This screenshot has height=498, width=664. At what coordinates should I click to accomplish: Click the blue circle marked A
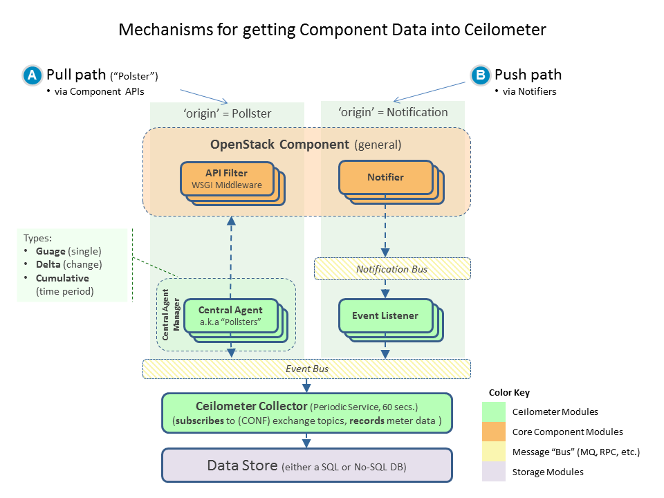pos(32,75)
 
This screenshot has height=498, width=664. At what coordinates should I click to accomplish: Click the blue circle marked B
pos(479,75)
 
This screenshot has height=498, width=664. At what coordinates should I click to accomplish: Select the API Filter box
pos(226,178)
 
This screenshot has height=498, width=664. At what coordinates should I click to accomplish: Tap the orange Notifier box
pos(385,177)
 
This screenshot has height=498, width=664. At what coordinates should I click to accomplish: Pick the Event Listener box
pos(385,315)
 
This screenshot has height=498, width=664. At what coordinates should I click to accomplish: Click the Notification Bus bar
pos(392,268)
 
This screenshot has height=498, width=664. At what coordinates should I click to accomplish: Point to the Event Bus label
pos(307,369)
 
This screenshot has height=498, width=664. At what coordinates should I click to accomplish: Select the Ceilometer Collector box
pos(306,413)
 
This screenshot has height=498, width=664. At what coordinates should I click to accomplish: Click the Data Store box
pos(306,465)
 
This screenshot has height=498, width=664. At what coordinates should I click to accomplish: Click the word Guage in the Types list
pos(51,251)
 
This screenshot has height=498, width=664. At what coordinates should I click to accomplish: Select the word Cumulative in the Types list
pos(62,278)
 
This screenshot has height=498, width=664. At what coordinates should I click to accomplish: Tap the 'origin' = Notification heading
pos(392,112)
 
